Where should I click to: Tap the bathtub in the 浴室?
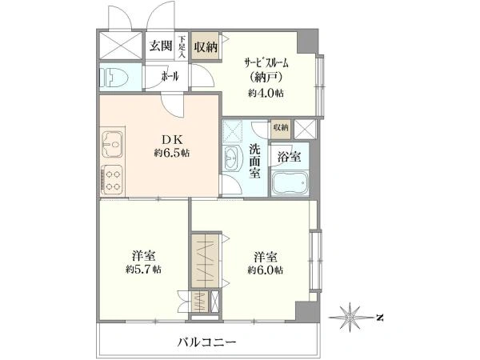coord(290,184)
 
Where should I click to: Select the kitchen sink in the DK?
coord(112,144)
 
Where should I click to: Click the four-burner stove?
coord(112,180)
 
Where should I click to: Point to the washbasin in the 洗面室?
coord(232,158)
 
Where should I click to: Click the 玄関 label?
coord(161,46)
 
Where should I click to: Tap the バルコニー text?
coord(207,342)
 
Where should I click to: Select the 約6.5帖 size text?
coord(172,153)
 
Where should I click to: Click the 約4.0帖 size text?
coord(266,93)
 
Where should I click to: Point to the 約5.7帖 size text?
coord(143,270)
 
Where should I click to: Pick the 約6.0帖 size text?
coord(265,270)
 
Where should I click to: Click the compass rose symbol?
coord(350,318)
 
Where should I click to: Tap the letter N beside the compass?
coord(380,318)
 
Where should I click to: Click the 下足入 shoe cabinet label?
coord(182,47)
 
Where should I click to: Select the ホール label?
coord(170,76)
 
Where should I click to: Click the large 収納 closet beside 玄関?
coord(206,47)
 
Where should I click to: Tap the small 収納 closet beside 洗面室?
coord(281,128)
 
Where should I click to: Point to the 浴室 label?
coord(289,157)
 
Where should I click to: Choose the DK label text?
coord(172,140)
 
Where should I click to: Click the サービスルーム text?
coord(266,63)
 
